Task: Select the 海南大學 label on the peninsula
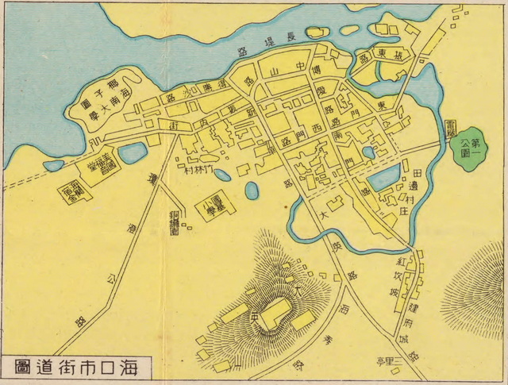coord(107,102)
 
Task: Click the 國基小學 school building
coord(210,205)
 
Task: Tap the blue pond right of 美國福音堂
coord(132,151)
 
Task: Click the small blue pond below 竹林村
coord(252,191)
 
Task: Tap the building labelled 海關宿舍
coord(71,191)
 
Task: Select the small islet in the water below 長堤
coord(317,33)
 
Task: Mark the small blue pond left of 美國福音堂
coord(52,166)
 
